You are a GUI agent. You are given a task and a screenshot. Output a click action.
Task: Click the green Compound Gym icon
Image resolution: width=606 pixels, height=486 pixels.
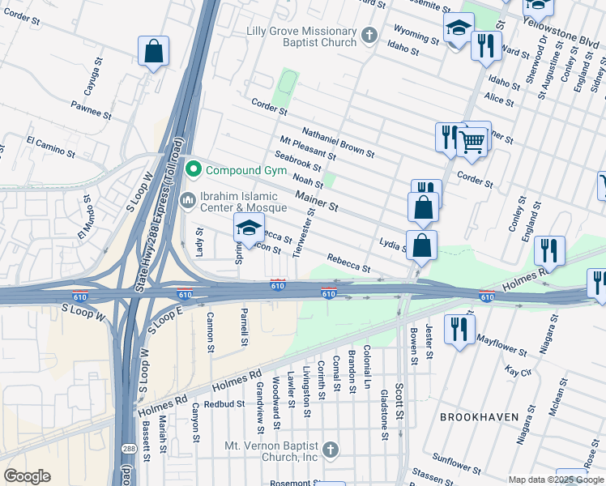(x=193, y=169)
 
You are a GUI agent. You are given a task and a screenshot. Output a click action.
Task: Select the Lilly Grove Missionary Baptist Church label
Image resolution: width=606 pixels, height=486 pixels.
(x=301, y=36)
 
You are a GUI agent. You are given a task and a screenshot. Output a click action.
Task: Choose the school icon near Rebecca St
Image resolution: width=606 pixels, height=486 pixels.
(x=250, y=228)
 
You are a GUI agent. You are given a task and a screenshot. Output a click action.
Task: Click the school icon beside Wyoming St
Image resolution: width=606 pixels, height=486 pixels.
(x=459, y=29)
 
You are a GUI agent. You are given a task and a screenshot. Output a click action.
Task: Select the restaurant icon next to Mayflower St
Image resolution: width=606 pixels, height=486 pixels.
(x=459, y=329)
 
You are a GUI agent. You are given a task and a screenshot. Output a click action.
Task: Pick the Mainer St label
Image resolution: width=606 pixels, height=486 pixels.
(x=317, y=202)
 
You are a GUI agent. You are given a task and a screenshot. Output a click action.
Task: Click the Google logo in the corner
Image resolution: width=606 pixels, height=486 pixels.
(x=27, y=475)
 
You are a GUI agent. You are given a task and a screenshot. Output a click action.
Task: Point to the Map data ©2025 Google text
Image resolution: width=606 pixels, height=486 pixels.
(x=555, y=480)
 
